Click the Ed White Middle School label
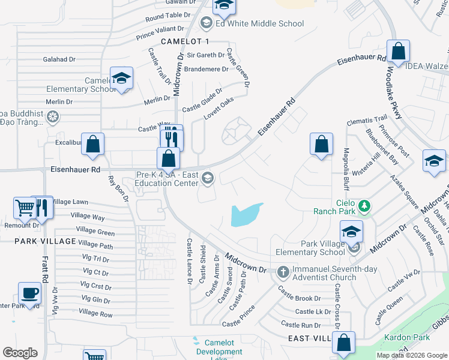pos(259,24)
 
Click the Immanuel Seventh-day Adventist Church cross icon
pos(283,272)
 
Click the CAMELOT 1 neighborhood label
pos(185,41)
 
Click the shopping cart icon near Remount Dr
pos(25,208)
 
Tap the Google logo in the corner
pos(20,352)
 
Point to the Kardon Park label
pos(403,338)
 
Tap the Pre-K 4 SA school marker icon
pos(208,176)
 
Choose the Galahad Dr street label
pos(59,59)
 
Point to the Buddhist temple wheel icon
pos(53,116)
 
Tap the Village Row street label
pos(95,313)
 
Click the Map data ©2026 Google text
pos(411,355)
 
